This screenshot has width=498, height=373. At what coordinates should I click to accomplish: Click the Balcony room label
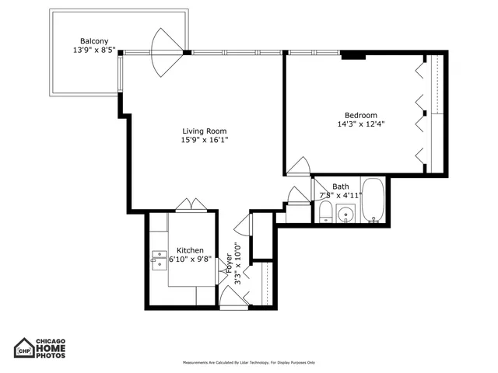pyautogui.click(x=93, y=40)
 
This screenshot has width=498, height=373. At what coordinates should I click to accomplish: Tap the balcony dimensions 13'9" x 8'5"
pyautogui.click(x=93, y=51)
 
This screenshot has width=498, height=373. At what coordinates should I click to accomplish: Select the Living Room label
pyautogui.click(x=204, y=131)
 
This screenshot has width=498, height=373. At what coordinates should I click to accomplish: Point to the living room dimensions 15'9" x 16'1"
pyautogui.click(x=205, y=141)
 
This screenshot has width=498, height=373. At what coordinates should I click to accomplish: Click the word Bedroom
pyautogui.click(x=361, y=114)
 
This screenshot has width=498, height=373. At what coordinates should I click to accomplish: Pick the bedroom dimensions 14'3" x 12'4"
pyautogui.click(x=361, y=124)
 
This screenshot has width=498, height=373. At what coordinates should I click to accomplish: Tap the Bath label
pyautogui.click(x=341, y=186)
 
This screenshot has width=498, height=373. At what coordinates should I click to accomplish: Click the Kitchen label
pyautogui.click(x=190, y=250)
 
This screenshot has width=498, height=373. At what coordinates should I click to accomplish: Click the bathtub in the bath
pyautogui.click(x=373, y=201)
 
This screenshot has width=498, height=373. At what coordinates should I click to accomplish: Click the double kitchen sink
pyautogui.click(x=159, y=260)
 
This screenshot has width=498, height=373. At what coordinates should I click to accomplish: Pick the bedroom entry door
pyautogui.click(x=297, y=166)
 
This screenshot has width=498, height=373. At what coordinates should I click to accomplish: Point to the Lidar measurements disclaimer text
pyautogui.click(x=249, y=363)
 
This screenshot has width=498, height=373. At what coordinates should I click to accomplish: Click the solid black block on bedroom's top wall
pyautogui.click(x=353, y=54)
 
